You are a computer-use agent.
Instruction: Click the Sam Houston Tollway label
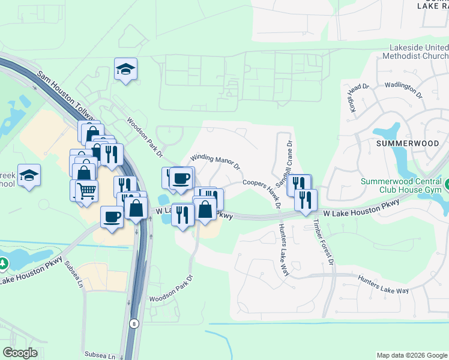coord(65,96)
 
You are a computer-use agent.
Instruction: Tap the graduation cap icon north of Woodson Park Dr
coord(126,69)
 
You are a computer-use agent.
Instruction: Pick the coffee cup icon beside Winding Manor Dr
coord(181,178)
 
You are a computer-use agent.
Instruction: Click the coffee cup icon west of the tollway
coord(112,217)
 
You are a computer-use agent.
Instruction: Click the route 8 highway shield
coord(133,323)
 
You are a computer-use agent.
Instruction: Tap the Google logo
coord(20,353)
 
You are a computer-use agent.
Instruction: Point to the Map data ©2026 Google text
coord(412,355)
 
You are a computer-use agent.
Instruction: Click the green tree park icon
coord(4,263)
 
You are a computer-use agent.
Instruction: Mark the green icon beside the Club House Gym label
coord(446,182)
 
